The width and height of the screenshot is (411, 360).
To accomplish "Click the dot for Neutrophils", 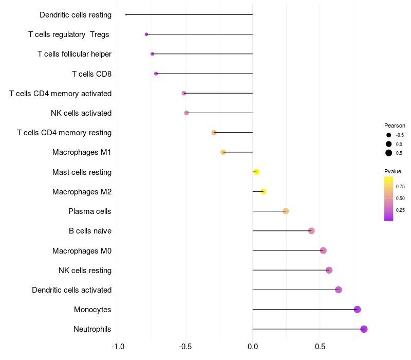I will [x=364, y=329].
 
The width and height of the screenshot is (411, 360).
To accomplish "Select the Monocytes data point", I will [x=357, y=310].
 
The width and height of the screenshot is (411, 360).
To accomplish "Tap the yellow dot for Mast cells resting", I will [x=256, y=172].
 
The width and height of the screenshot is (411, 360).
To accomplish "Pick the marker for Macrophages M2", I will [x=264, y=191].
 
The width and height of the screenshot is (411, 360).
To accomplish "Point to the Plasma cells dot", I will [x=286, y=211].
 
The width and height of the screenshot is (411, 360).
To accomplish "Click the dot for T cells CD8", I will [x=156, y=74].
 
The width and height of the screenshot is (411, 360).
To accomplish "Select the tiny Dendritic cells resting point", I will [x=126, y=14].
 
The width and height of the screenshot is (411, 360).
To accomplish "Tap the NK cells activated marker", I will [x=186, y=113].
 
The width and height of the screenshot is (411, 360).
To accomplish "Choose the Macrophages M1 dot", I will [x=223, y=152].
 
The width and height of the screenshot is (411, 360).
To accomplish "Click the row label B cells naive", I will [x=90, y=231].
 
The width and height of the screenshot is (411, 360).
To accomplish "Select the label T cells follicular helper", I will [x=74, y=54].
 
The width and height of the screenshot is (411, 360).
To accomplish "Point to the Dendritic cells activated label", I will [x=71, y=290].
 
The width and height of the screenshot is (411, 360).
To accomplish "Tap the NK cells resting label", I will [x=85, y=271].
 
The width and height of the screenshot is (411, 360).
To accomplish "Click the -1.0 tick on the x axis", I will [x=118, y=347].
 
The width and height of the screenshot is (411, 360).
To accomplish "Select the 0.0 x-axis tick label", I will [x=253, y=347].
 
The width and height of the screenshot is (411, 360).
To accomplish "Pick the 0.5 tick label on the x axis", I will [x=320, y=347].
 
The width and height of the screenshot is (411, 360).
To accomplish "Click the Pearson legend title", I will [x=395, y=125].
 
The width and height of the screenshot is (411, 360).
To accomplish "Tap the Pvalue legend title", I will [x=393, y=171].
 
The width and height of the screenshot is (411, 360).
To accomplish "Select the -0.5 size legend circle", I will [x=389, y=135].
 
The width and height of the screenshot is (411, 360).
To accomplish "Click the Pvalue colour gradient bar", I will [x=389, y=199].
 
